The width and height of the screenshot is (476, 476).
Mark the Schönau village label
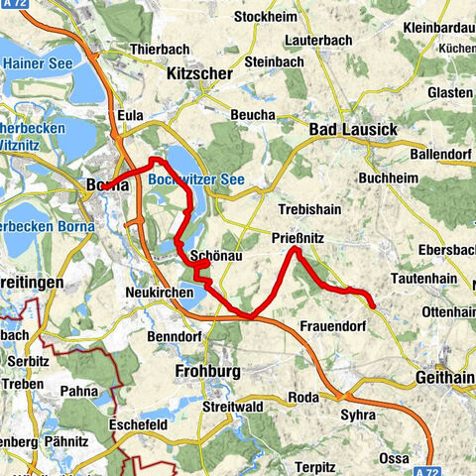tap(210, 255)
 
